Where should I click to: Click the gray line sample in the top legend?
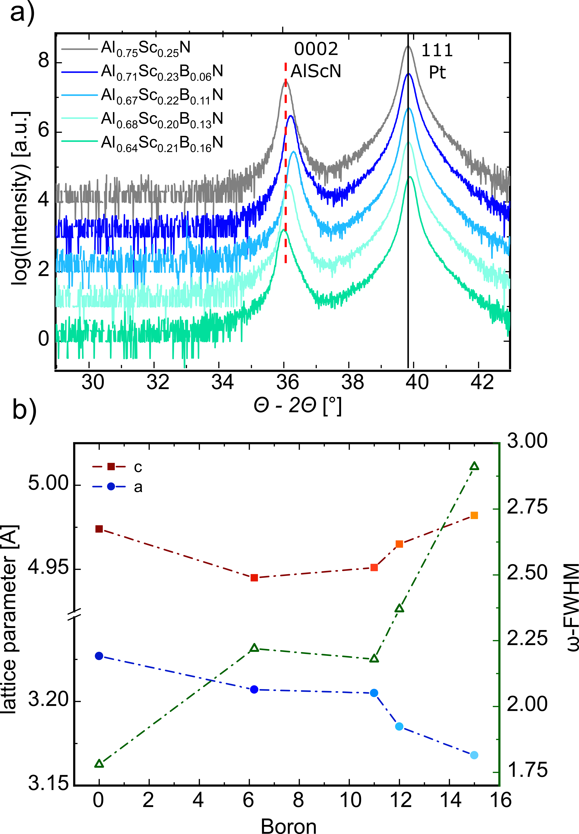tap(79, 49)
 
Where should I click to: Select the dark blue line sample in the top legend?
tap(79, 72)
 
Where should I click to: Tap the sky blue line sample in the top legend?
tap(79, 95)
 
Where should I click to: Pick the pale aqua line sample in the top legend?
tap(79, 118)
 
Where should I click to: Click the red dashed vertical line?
tap(286, 163)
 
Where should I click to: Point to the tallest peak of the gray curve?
tap(408, 46)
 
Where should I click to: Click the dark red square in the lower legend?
tap(111, 467)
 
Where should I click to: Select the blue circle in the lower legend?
tap(111, 486)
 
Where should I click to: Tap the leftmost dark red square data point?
tap(99, 529)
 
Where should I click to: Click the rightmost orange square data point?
tap(474, 515)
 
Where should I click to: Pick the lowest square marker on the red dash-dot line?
tap(254, 577)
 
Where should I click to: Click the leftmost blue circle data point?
tap(99, 656)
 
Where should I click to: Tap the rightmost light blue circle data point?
tap(474, 755)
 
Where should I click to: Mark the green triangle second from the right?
tap(399, 608)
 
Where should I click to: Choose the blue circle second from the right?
tap(399, 726)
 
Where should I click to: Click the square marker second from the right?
tap(399, 544)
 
